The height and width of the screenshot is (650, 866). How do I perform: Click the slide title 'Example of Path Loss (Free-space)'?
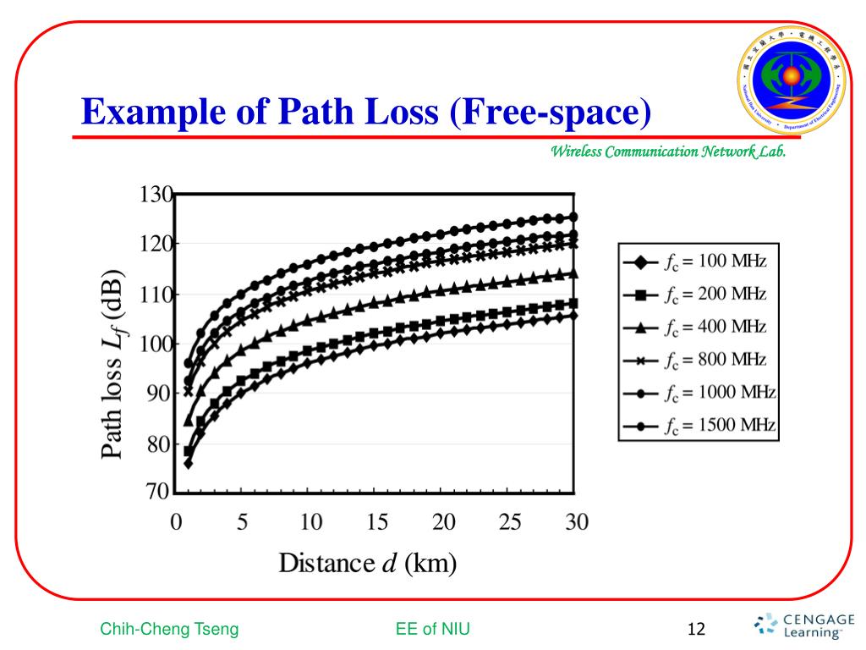point(366,112)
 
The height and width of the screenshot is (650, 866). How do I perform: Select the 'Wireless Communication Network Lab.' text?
point(668,152)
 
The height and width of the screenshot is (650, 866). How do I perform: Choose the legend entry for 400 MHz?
point(699,328)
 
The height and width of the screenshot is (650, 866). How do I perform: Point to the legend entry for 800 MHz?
point(699,361)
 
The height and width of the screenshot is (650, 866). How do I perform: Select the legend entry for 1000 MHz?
point(699,393)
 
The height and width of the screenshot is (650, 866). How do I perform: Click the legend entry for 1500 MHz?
point(699,425)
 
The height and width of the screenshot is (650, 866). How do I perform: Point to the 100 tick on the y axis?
point(155,344)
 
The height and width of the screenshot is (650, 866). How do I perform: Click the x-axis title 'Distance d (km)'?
point(368,563)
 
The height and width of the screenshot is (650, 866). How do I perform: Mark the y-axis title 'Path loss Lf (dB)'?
point(115,366)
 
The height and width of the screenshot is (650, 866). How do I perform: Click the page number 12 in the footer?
point(697,629)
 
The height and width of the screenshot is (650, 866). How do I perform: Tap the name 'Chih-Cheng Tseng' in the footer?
point(169,629)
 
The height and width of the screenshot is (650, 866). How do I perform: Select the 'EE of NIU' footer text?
point(432,629)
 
